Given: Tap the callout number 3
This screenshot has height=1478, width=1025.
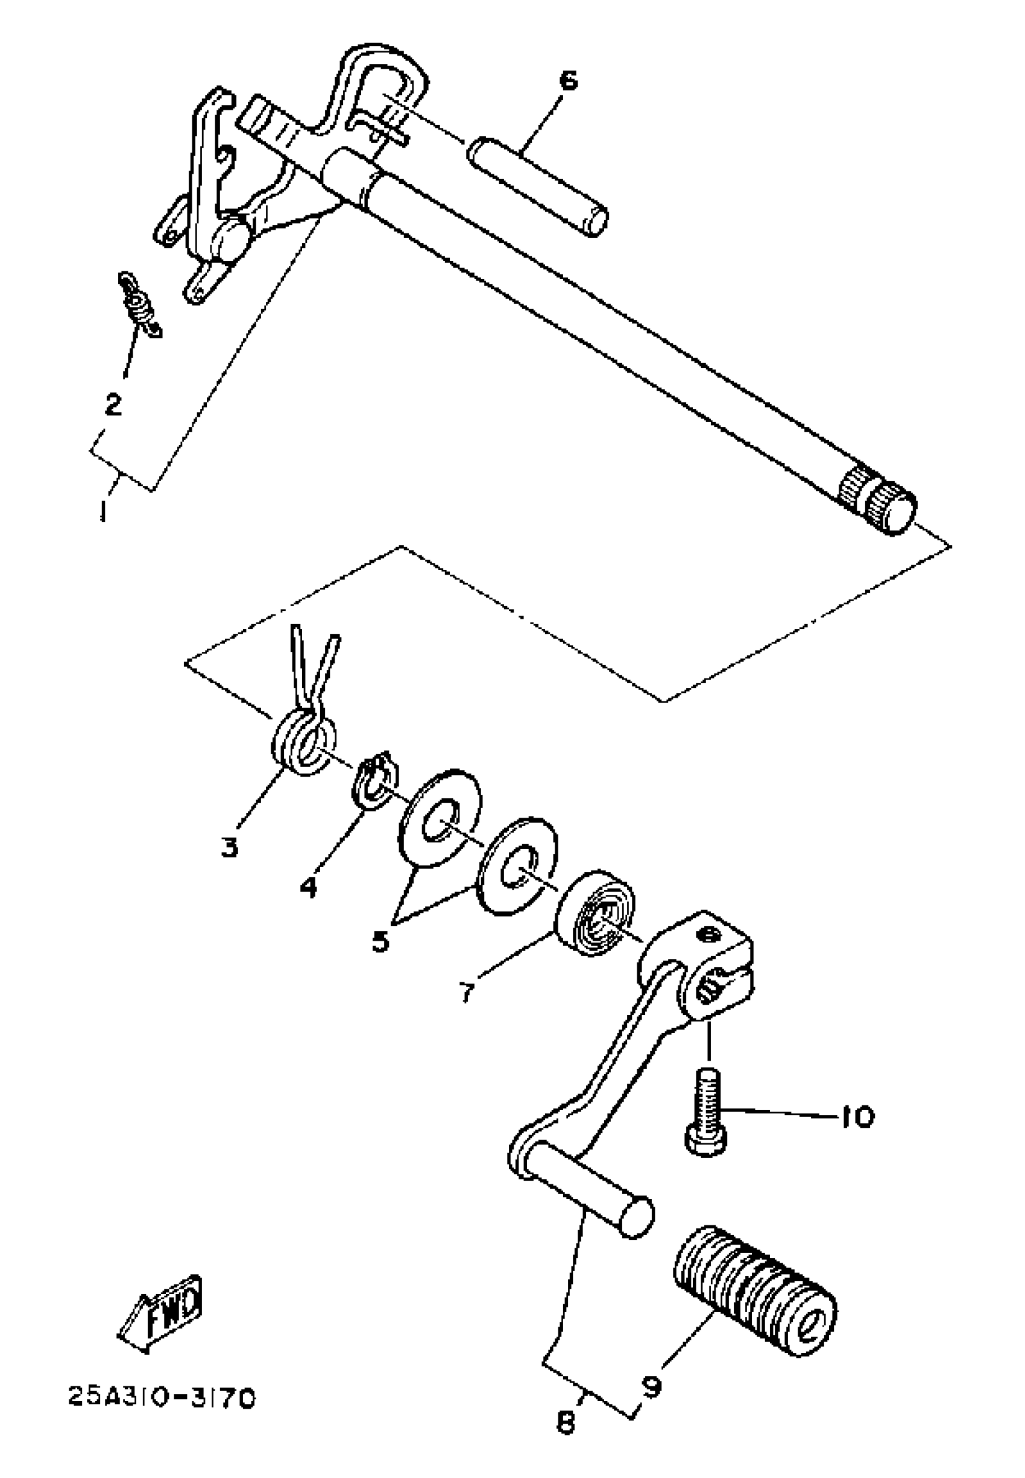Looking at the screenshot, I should point(229,847).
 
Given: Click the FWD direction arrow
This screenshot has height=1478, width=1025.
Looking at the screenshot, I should point(161,1313).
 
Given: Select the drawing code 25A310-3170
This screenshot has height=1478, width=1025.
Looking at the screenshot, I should point(162,1398).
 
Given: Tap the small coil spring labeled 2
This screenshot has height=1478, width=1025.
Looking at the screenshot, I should point(140,303).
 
